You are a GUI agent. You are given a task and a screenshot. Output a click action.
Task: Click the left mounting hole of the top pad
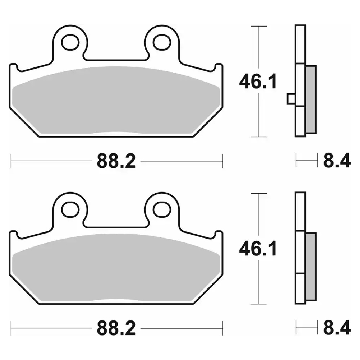pos(70,42)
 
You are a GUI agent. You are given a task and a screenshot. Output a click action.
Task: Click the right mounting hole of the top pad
pos(162,42)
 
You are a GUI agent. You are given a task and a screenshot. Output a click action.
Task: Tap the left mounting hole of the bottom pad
pos(70,210)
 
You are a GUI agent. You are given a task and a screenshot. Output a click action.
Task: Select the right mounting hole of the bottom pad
pos(162,210)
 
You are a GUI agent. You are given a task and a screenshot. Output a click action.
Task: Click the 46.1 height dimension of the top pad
pos(258,81)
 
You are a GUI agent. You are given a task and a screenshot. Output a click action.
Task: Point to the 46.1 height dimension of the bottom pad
pos(258,249)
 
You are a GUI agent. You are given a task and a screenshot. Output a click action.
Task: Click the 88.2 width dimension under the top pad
pos(116,161)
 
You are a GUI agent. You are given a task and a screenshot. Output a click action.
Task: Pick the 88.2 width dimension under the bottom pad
pos(116,328)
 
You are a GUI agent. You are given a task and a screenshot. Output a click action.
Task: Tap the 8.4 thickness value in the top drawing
pos(337,161)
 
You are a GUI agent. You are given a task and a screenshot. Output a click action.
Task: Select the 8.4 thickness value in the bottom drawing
pos(337,328)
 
